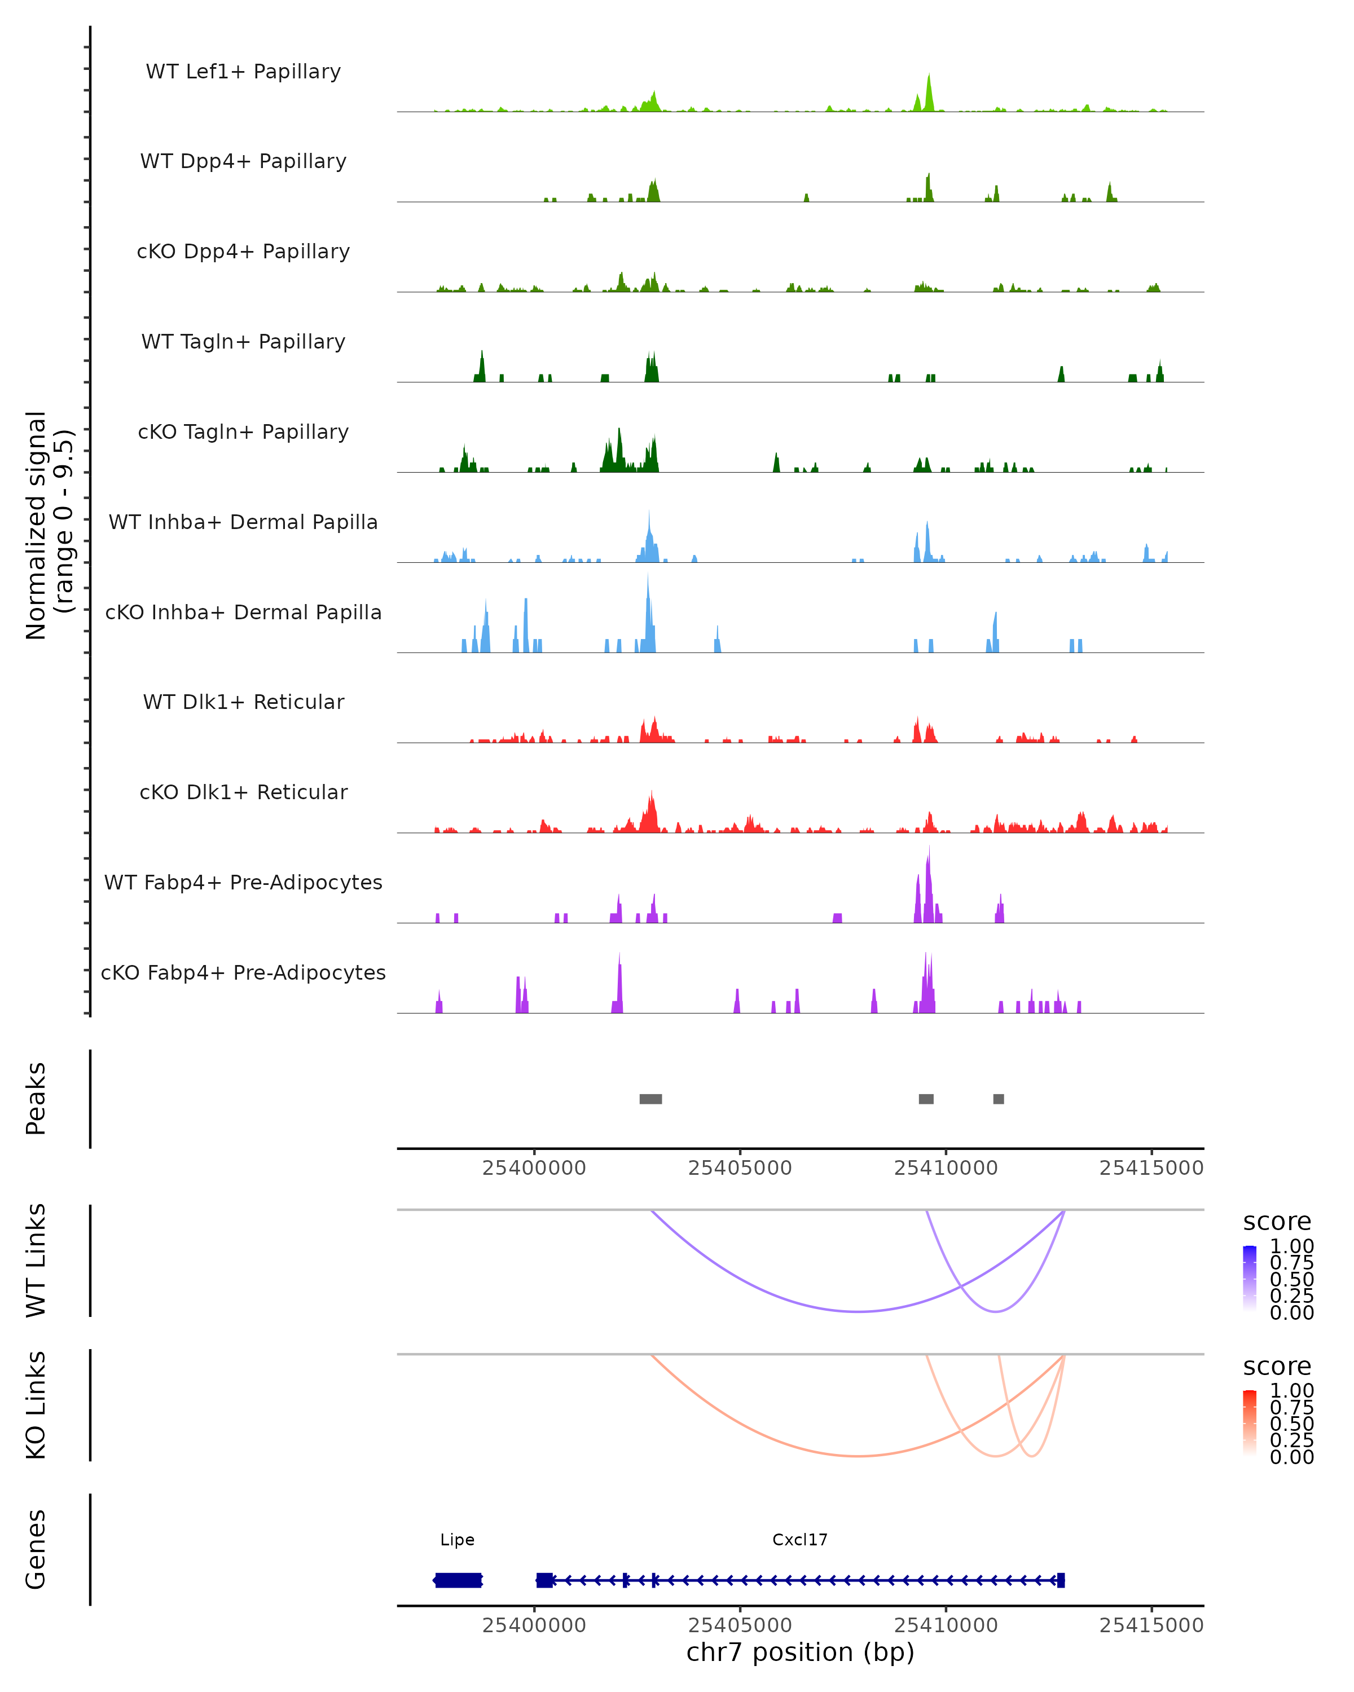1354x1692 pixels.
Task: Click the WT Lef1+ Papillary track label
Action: click(x=243, y=72)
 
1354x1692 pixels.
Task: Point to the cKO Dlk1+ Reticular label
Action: click(x=243, y=792)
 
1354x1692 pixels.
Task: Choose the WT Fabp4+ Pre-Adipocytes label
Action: click(x=243, y=882)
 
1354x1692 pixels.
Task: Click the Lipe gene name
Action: click(x=457, y=1540)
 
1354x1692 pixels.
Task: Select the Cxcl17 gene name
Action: click(x=800, y=1540)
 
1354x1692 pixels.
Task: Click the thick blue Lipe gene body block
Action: click(x=459, y=1580)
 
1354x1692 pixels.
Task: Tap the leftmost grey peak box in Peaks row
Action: click(x=650, y=1099)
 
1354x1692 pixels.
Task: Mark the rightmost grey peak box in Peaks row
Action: click(x=999, y=1099)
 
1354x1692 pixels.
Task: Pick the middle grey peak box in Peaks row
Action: click(x=926, y=1099)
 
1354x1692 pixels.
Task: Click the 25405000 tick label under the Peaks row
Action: click(x=740, y=1168)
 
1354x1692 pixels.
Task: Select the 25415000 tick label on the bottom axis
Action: click(x=1151, y=1625)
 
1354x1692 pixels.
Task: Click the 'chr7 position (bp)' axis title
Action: click(x=800, y=1653)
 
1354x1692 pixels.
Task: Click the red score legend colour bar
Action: click(x=1250, y=1423)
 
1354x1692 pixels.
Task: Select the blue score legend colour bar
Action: click(x=1250, y=1279)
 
